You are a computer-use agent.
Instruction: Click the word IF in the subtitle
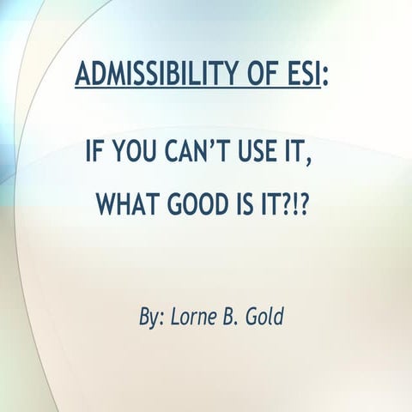(94, 155)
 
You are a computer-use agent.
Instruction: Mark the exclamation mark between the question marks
(294, 204)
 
